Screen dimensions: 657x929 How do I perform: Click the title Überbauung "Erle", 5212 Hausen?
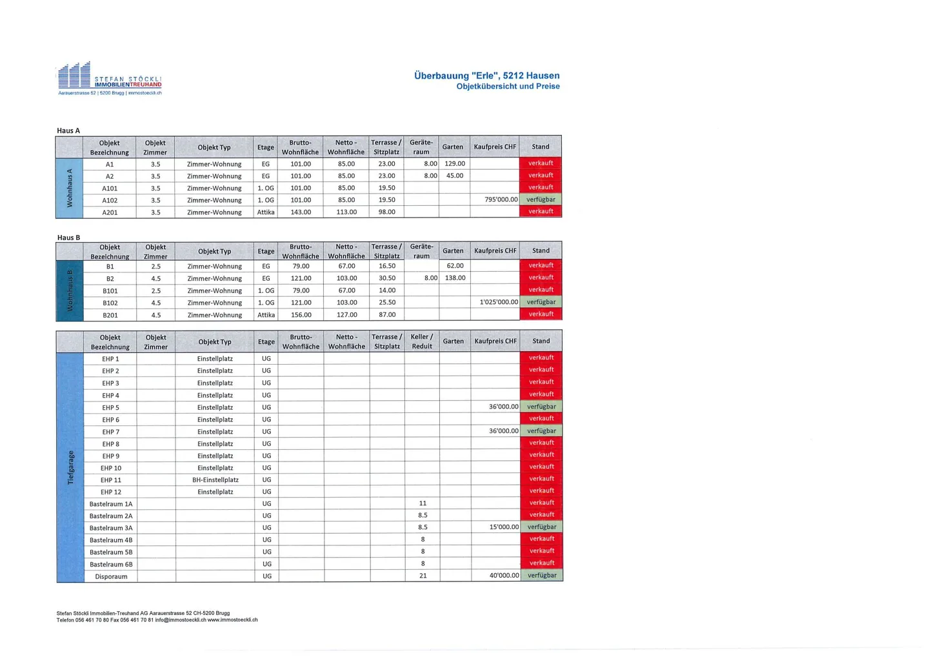point(486,76)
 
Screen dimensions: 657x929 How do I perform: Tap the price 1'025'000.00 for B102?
point(499,302)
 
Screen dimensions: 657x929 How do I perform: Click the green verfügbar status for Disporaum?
point(541,575)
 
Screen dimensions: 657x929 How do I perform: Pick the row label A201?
point(110,212)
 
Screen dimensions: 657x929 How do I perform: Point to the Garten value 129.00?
point(454,164)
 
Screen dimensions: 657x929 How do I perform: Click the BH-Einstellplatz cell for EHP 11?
point(215,480)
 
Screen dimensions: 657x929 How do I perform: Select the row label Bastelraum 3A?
point(110,528)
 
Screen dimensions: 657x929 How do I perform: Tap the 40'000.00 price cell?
point(504,575)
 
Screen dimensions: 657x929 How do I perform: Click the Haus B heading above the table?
point(68,238)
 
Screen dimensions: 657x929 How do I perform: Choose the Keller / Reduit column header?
point(422,341)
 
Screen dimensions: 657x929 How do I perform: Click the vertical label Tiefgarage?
point(70,467)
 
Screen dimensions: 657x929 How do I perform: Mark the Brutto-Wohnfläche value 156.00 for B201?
point(301,315)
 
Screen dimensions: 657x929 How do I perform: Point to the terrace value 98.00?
point(386,212)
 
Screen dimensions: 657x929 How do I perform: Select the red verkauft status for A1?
point(541,163)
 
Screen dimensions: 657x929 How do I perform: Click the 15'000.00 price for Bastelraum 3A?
point(504,527)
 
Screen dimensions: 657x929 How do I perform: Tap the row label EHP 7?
point(110,432)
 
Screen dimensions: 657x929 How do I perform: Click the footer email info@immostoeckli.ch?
point(180,620)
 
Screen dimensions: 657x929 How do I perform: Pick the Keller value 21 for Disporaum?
point(423,576)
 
